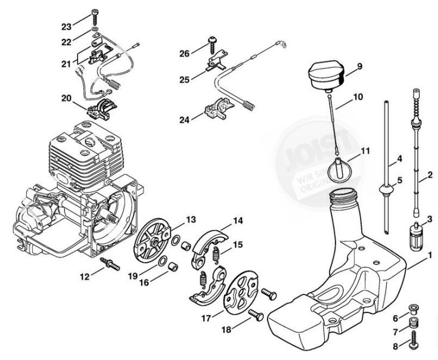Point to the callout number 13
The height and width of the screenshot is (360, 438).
[190, 220]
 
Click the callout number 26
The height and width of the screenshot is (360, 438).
[185, 54]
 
